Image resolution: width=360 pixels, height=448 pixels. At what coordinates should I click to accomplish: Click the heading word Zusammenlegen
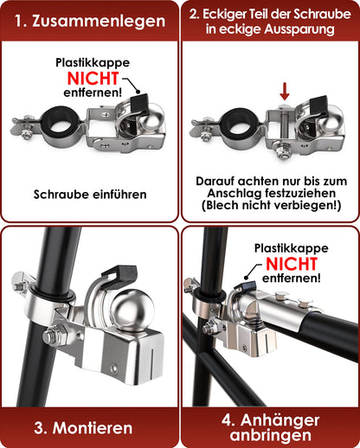99,21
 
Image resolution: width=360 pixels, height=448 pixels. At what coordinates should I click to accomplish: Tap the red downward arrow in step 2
285,91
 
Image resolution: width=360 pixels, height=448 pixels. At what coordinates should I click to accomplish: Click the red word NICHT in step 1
93,78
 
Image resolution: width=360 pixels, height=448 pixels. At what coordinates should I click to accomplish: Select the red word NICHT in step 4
292,264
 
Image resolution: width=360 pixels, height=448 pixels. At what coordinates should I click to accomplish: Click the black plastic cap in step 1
139,104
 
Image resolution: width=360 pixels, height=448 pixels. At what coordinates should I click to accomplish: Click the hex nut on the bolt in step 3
54,336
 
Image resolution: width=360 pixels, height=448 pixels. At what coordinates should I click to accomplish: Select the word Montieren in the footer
93,428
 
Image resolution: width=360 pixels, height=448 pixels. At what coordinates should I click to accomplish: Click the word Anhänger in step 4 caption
280,420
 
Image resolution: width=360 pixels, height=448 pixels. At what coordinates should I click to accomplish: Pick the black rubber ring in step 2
240,125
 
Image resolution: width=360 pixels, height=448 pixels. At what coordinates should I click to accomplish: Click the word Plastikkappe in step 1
93,62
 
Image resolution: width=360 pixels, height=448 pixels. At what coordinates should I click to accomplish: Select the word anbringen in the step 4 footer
271,435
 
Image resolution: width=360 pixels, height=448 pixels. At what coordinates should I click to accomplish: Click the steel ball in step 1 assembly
150,119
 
